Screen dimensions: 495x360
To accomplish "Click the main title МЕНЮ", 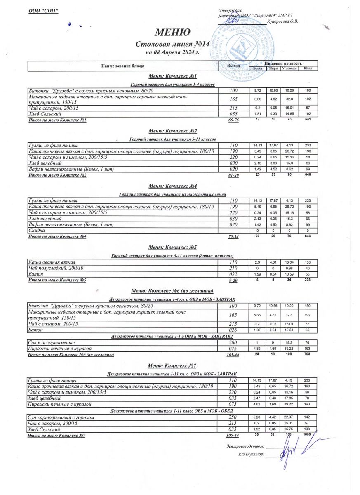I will point(172,33).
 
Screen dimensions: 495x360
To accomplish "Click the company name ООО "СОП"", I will point(43,10).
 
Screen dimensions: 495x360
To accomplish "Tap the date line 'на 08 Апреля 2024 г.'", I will point(172,52).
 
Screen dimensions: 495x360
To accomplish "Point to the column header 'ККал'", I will point(308,68).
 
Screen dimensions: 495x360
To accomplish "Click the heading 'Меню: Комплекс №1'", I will point(172,76).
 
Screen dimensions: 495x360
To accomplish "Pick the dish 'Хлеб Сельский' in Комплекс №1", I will point(45,114).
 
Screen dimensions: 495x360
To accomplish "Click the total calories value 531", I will point(308,120).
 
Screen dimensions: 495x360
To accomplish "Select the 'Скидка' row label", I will point(37,231).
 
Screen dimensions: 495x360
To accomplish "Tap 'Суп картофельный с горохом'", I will point(61,417).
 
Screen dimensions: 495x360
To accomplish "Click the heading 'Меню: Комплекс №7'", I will point(172,365).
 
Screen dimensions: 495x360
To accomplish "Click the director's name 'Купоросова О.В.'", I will point(282,21).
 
